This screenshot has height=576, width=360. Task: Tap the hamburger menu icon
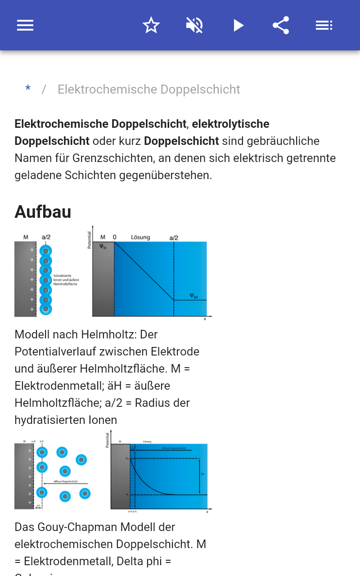pyautogui.click(x=25, y=25)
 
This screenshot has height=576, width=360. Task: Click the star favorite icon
pyautogui.click(x=151, y=25)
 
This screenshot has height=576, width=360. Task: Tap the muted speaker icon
pyautogui.click(x=194, y=25)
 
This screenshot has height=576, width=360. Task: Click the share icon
pyautogui.click(x=281, y=25)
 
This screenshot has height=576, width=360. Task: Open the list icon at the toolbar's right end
pyautogui.click(x=324, y=25)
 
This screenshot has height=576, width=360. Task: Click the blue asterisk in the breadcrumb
pyautogui.click(x=28, y=90)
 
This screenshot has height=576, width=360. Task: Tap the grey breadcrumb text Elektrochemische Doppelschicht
pyautogui.click(x=148, y=90)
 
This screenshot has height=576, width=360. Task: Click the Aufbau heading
pyautogui.click(x=43, y=211)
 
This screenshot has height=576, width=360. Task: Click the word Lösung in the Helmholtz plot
pyautogui.click(x=140, y=237)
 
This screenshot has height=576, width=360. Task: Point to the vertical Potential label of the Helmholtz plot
pyautogui.click(x=89, y=240)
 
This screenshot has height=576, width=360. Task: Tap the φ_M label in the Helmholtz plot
pyautogui.click(x=103, y=246)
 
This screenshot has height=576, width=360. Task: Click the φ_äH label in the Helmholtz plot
pyautogui.click(x=193, y=296)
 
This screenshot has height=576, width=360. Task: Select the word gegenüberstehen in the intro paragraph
pyautogui.click(x=165, y=175)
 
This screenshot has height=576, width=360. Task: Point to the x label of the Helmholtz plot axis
pyautogui.click(x=205, y=319)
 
